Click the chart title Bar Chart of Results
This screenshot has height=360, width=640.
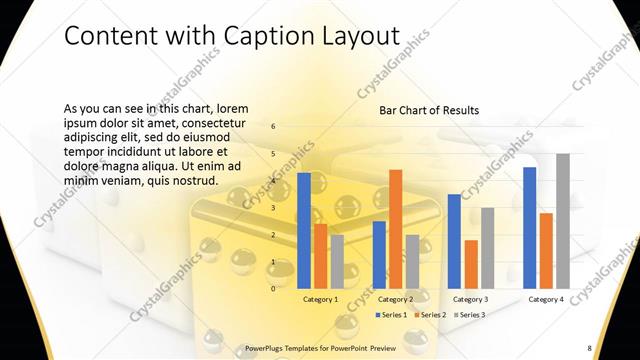point(428,110)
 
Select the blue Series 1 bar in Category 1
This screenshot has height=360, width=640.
point(304,230)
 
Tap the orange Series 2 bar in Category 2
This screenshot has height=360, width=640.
point(395,228)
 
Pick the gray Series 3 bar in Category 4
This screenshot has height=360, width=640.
point(562,220)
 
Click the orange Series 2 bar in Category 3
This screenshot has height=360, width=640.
point(471,263)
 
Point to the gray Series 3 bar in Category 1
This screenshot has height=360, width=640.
point(337,261)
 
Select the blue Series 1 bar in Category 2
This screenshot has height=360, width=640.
point(379,254)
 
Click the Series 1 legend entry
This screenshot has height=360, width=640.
point(391,315)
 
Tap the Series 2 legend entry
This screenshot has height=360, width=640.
point(429,315)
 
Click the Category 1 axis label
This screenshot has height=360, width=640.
point(320,299)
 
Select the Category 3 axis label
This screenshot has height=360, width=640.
point(471,299)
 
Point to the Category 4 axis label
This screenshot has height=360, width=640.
point(546,299)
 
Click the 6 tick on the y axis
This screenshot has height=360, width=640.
point(273,127)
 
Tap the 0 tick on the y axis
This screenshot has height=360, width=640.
point(273,288)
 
